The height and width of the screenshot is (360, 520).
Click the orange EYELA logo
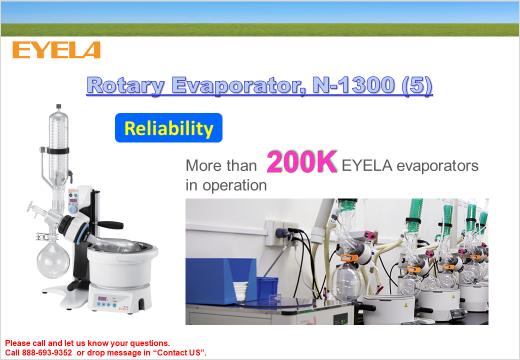[56, 50]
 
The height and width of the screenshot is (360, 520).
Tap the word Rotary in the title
[125, 85]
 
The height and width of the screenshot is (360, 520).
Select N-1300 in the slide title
[354, 85]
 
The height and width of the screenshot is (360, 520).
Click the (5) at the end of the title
[416, 85]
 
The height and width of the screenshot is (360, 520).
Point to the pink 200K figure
[302, 162]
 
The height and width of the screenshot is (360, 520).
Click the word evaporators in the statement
[437, 165]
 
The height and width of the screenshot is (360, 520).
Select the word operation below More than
[234, 185]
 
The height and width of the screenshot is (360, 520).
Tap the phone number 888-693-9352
[47, 352]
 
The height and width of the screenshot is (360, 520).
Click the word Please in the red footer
[17, 343]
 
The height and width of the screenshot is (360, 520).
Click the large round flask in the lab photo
[346, 282]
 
